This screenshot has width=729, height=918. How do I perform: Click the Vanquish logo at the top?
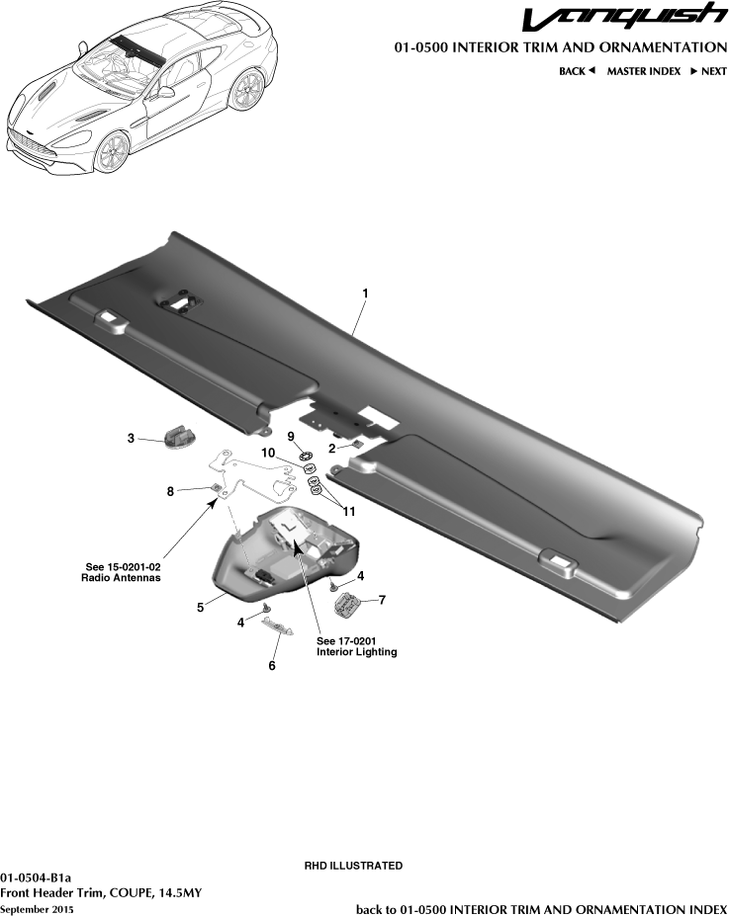coord(624,19)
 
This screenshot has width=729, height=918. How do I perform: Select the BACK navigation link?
coord(576,71)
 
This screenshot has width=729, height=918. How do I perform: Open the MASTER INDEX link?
coord(643,71)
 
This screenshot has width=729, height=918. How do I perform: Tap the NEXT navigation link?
coord(708,71)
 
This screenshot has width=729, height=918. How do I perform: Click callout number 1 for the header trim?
coord(366,293)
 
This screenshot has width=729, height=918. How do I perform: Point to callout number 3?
coord(131,438)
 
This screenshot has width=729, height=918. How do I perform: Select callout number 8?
coord(170,490)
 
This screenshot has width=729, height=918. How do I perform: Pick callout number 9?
coord(291,436)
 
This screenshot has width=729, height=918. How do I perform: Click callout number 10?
coord(268,453)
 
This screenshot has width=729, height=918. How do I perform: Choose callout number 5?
coord(201,608)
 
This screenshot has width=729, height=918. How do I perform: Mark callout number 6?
coord(272,665)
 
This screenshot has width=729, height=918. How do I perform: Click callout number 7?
coord(382,599)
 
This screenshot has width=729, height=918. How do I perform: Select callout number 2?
coord(332,446)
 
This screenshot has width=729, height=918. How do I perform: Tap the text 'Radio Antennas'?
coord(120,577)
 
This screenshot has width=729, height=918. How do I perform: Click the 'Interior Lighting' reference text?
coord(356,652)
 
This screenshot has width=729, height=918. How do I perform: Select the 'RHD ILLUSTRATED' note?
coord(352,866)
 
